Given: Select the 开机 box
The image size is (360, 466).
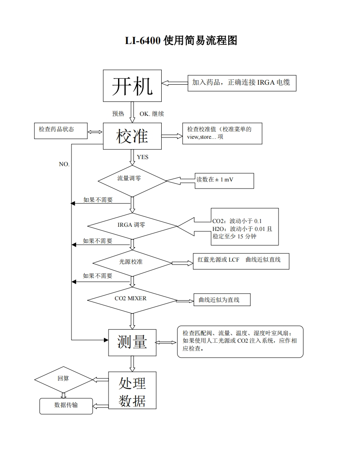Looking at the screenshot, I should click(132, 86).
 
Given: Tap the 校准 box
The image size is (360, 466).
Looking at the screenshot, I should click(132, 136).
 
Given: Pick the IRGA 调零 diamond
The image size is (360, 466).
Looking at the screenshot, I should click(132, 226).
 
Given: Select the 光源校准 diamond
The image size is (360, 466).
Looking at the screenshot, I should click(132, 262).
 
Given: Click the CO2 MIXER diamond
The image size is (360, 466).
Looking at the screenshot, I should click(132, 299).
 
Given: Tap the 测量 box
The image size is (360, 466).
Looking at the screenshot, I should click(132, 342).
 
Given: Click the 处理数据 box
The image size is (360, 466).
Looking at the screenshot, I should click(132, 390).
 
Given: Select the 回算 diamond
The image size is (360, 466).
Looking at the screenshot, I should click(63, 379).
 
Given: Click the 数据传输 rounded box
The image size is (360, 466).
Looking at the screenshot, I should click(66, 405).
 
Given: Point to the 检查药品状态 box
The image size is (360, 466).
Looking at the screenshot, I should click(61, 130).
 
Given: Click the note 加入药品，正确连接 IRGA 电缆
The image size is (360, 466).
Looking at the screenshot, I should click(242, 83).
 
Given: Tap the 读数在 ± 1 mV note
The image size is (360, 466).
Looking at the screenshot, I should click(224, 180).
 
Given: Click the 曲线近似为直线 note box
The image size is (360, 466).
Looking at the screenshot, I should click(222, 300).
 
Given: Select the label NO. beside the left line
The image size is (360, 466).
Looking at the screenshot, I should click(64, 164).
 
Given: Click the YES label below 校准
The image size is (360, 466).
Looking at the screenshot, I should click(143, 157).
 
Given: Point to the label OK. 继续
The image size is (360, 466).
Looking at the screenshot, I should click(152, 114).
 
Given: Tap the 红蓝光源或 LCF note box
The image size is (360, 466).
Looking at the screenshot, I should click(241, 260).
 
